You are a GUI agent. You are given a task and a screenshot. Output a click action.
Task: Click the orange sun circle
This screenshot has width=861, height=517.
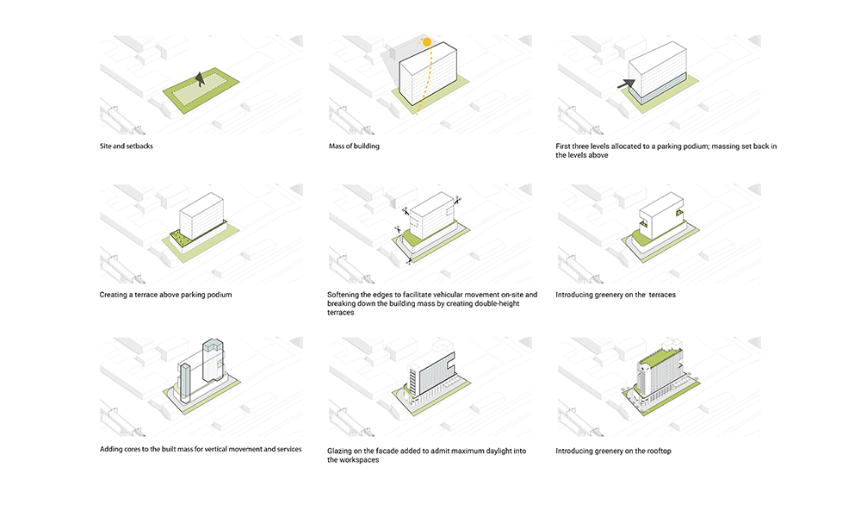(427, 41)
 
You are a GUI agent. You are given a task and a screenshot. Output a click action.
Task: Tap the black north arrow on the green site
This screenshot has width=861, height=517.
(200, 79)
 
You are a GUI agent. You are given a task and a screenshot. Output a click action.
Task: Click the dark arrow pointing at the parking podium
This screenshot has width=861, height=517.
(626, 84)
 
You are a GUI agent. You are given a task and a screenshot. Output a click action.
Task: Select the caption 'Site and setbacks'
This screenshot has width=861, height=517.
(127, 146)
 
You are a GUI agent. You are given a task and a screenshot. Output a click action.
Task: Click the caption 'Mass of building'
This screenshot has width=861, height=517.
(354, 146)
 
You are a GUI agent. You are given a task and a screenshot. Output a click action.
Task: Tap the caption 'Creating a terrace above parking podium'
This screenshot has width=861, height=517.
(166, 295)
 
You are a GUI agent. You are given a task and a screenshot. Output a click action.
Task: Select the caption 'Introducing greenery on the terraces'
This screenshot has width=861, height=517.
(616, 295)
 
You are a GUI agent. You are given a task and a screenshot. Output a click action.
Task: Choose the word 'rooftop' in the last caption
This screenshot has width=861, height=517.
(659, 451)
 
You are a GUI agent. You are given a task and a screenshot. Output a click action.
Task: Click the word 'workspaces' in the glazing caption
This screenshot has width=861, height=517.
(361, 460)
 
